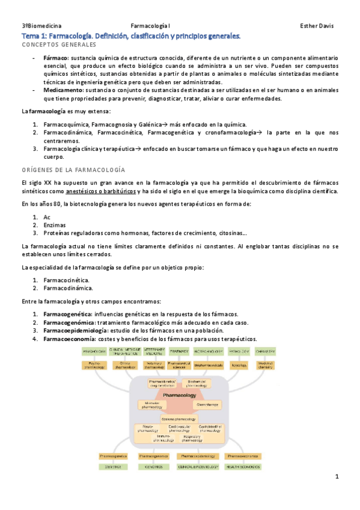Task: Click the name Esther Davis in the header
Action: [316, 26]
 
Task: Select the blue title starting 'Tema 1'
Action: [130, 36]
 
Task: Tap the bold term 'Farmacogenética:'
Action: [67, 314]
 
